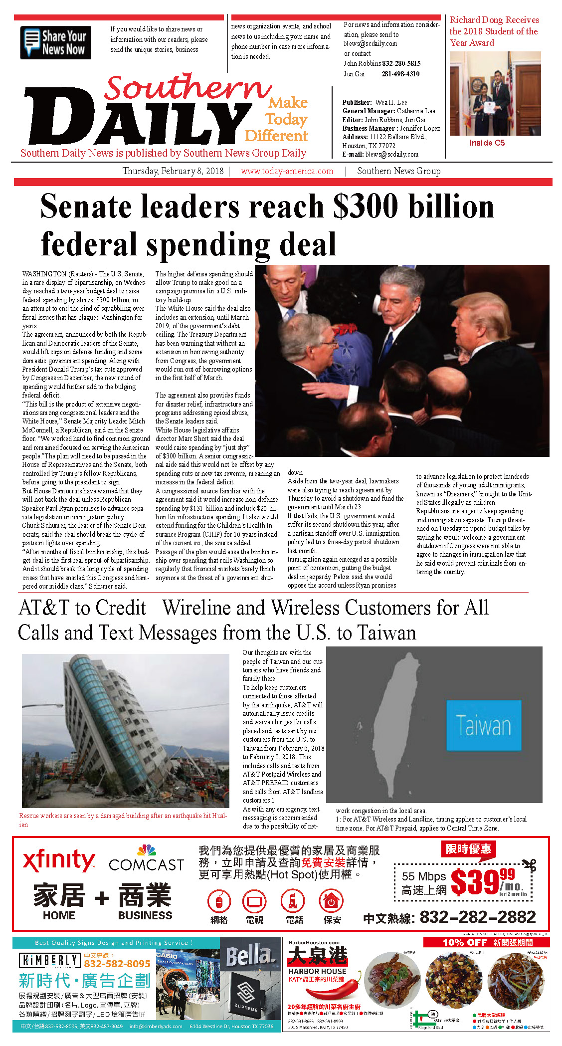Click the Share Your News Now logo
(55, 43)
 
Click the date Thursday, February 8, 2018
(173, 171)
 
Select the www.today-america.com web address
(287, 171)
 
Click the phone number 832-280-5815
(401, 63)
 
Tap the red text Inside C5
(487, 143)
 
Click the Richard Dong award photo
(495, 93)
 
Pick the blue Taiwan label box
(483, 725)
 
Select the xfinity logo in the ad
(59, 860)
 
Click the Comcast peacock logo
(146, 850)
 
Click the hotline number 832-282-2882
(477, 917)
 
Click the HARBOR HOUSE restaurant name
(317, 971)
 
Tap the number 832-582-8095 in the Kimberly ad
(117, 964)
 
